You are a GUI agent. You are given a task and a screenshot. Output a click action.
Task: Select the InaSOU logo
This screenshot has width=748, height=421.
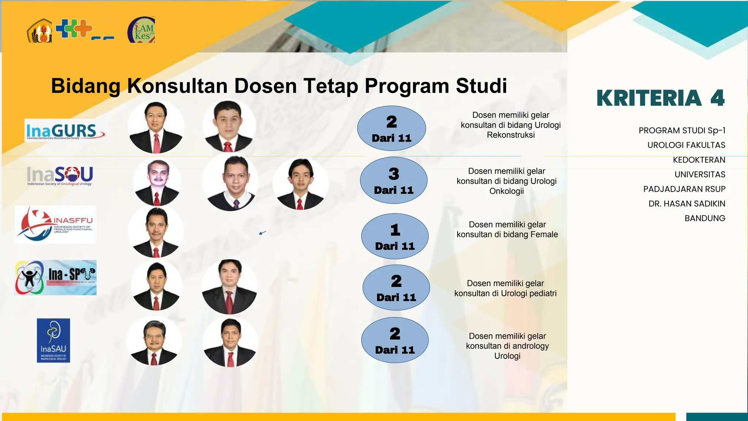click(x=60, y=176)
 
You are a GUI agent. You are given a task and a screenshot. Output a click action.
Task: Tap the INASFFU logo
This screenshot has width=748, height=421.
click(x=56, y=224)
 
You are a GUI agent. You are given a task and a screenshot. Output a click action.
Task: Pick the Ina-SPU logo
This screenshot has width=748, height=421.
click(x=56, y=277)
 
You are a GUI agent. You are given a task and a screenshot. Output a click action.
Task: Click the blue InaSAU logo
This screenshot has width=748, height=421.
click(x=53, y=340)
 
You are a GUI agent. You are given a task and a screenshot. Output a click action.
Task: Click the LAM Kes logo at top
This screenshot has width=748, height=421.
click(x=142, y=30)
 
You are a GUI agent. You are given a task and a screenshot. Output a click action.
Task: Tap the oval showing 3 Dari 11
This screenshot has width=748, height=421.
click(x=394, y=181)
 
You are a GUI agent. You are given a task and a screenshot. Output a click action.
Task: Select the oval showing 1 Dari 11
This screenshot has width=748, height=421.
click(x=395, y=236)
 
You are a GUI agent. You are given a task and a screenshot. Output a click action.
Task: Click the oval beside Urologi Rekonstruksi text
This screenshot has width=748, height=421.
click(x=392, y=128)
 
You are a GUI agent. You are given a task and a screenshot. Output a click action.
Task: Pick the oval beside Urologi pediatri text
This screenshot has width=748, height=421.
click(x=396, y=288)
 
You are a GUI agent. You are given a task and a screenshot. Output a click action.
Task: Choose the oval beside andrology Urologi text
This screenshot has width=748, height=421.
click(x=395, y=340)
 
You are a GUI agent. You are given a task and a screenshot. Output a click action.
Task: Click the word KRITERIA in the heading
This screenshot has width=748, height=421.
click(x=649, y=98)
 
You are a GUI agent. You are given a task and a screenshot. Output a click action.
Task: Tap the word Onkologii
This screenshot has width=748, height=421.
click(x=507, y=191)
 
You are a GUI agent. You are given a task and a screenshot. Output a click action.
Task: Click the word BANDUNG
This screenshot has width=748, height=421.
click(x=705, y=219)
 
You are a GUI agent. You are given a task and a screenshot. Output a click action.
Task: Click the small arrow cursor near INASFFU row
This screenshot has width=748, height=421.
click(x=262, y=233)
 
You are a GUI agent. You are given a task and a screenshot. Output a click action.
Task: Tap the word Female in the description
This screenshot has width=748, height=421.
click(x=544, y=235)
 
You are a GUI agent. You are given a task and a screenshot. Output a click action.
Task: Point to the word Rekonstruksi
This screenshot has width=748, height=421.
click(x=511, y=135)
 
